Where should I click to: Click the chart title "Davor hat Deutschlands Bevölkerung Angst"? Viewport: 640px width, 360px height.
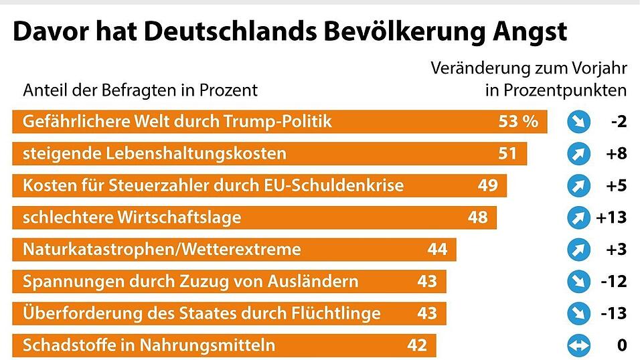tap(289, 31)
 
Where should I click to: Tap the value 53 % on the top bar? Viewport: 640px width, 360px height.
tap(517, 122)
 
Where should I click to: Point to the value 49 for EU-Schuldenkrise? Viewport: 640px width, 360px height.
tap(487, 185)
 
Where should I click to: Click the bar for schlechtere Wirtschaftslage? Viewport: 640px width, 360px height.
tap(254, 217)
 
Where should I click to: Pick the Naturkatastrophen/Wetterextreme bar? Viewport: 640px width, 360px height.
tap(234, 250)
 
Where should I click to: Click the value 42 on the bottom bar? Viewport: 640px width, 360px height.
tap(417, 345)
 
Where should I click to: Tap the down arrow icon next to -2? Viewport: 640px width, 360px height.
tap(577, 122)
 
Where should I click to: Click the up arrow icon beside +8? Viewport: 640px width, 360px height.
tap(577, 154)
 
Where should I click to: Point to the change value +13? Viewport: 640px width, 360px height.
tap(611, 217)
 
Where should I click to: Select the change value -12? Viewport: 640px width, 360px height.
tap(613, 281)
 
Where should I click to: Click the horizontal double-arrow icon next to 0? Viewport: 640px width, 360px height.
tap(577, 345)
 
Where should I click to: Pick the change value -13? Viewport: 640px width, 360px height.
tap(613, 313)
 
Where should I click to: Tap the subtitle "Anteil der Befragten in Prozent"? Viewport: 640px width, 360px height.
tap(140, 90)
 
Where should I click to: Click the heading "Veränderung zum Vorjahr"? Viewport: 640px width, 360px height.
tap(529, 68)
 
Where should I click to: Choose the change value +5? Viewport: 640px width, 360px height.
tap(615, 185)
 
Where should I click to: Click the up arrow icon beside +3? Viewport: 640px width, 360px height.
tap(577, 250)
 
